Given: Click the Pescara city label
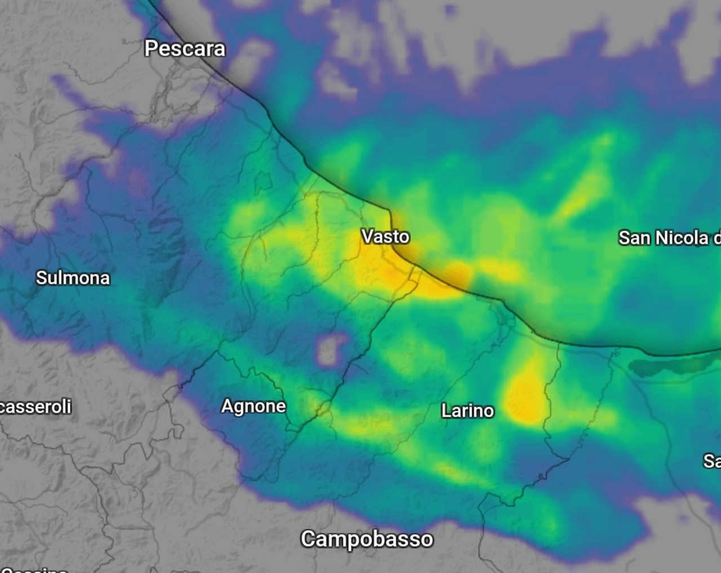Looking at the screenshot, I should point(185,48).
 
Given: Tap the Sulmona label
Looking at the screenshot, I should point(73,277).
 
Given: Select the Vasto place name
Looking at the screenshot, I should point(385,236).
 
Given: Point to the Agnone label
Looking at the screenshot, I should point(253,406).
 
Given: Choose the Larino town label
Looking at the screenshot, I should point(468,411).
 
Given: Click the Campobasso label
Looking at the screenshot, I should point(367,539).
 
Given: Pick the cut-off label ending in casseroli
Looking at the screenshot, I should point(35,406).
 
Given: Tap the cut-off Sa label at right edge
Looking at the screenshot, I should point(712,462).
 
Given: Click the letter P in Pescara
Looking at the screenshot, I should point(150,48).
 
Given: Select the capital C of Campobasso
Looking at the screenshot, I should point(308,539).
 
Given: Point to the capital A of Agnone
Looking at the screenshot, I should point(228,406).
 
